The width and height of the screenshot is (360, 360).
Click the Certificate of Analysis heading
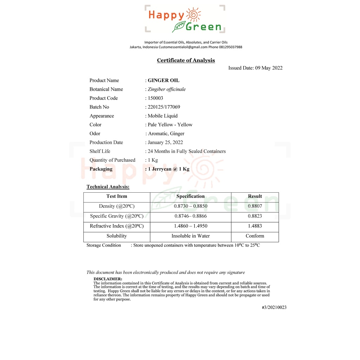[x=186, y=60]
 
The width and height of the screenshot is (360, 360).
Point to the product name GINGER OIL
[x=163, y=81]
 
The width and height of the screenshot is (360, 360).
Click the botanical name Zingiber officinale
[x=167, y=89]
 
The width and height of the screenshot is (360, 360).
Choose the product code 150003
[x=155, y=98]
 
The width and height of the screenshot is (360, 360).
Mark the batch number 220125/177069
[x=164, y=107]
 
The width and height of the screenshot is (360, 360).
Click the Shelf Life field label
[x=100, y=151]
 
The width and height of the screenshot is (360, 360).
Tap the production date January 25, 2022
[x=165, y=142]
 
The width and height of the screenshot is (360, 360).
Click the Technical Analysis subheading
[x=108, y=187]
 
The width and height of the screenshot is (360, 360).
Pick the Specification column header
[x=191, y=197]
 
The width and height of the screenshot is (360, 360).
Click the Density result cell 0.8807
[x=255, y=206]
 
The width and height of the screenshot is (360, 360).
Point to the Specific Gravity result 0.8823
[x=255, y=216]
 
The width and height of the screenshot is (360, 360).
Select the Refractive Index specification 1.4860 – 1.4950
[x=191, y=226]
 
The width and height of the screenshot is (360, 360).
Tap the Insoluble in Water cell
[x=191, y=236]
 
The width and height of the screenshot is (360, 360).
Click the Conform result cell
[x=255, y=236]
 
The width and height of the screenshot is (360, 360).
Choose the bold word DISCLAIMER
[x=108, y=279]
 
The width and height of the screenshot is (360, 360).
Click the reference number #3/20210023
[x=274, y=308]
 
